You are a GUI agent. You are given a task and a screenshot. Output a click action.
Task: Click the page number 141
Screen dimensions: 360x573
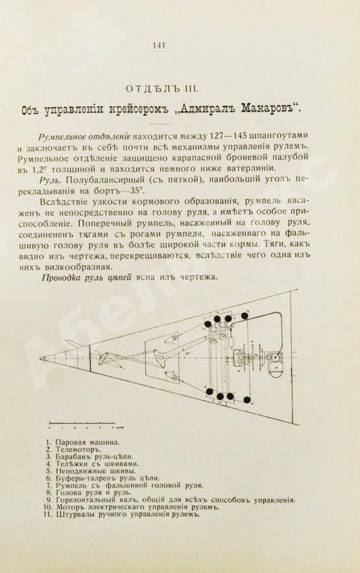[x=159, y=45]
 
